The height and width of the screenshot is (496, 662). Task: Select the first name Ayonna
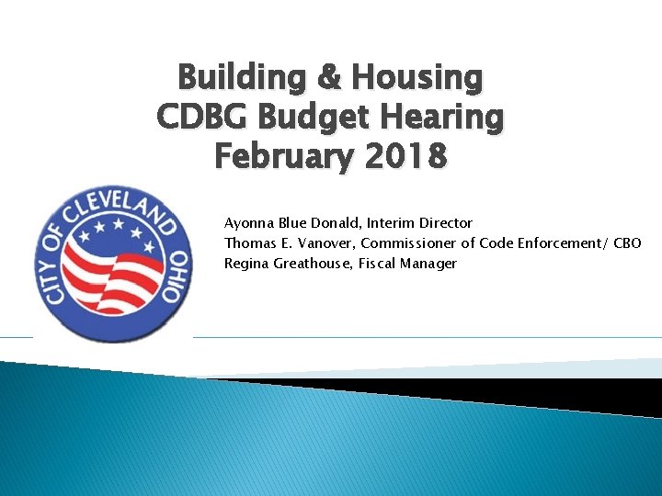click(x=248, y=223)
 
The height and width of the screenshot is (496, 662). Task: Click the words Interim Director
click(x=427, y=223)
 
